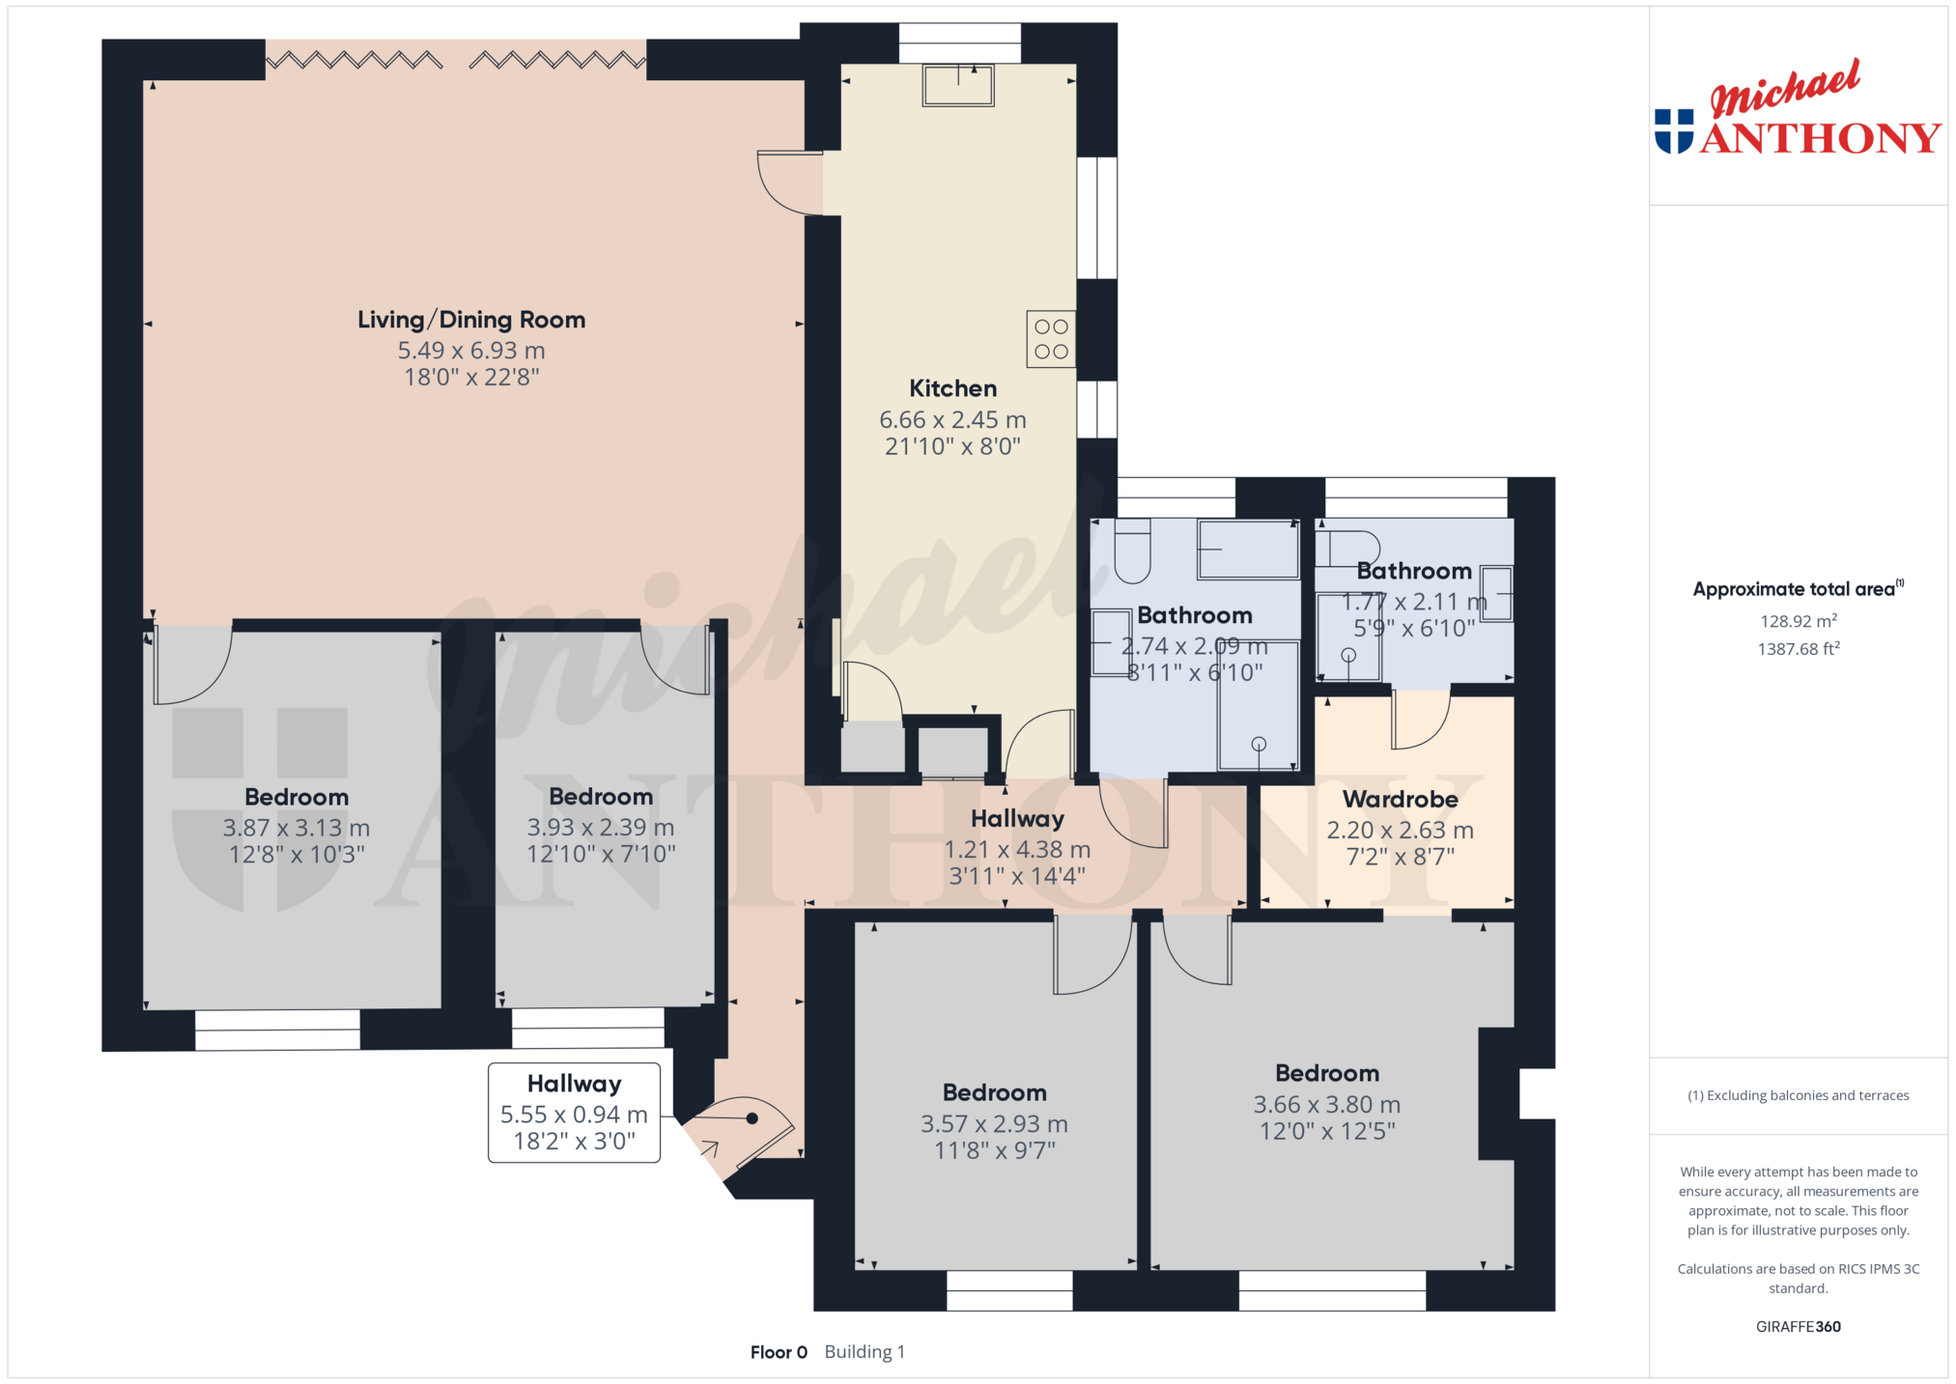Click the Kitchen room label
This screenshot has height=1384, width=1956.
pyautogui.click(x=952, y=388)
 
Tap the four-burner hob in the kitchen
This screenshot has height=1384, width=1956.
pyautogui.click(x=1051, y=339)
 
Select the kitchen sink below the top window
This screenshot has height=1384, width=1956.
pyautogui.click(x=958, y=85)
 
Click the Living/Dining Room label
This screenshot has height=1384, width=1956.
pyautogui.click(x=471, y=320)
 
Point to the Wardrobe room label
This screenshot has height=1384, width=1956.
pyautogui.click(x=1400, y=800)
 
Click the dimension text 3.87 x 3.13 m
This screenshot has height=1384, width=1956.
pyautogui.click(x=297, y=828)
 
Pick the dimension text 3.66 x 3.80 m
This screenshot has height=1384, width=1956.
pyautogui.click(x=1326, y=1104)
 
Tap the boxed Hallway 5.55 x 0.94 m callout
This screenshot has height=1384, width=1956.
pyautogui.click(x=574, y=1113)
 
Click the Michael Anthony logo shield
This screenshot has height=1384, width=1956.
pyautogui.click(x=1674, y=131)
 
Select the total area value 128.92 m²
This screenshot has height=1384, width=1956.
pyautogui.click(x=1798, y=621)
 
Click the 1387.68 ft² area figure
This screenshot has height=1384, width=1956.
pyautogui.click(x=1798, y=649)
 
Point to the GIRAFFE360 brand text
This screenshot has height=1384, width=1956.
pyautogui.click(x=1798, y=1326)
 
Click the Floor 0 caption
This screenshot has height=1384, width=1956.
pyautogui.click(x=779, y=1352)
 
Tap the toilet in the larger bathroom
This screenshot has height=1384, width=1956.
pyautogui.click(x=1132, y=551)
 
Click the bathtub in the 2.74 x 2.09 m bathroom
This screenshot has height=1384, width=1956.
pyautogui.click(x=1248, y=550)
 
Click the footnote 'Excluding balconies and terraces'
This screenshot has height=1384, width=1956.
pyautogui.click(x=1798, y=1095)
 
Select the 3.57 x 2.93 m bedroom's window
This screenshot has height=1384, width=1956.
pyautogui.click(x=1009, y=1290)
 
